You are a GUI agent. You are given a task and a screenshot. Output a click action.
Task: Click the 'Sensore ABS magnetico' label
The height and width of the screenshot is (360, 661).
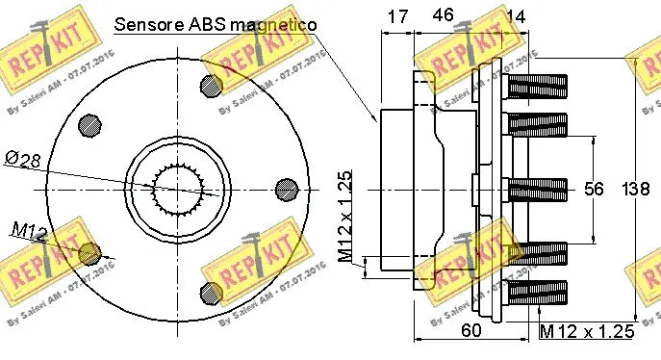click(216, 24)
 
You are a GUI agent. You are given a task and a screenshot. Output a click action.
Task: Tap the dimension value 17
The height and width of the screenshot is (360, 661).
click(396, 15)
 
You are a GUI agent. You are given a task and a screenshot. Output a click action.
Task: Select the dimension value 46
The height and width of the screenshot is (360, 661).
click(444, 15)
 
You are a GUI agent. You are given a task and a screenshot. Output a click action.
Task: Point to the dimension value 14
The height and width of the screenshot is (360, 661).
click(517, 15)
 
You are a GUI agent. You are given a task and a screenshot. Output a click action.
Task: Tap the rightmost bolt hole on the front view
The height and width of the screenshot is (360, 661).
click(286, 189)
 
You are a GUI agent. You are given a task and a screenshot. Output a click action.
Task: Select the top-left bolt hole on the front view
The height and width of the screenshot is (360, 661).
click(89, 124)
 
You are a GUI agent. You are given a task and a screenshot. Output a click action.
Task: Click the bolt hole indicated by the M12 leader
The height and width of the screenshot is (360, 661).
click(89, 253)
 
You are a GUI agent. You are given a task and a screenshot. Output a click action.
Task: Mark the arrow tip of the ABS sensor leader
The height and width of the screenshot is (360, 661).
click(378, 122)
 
